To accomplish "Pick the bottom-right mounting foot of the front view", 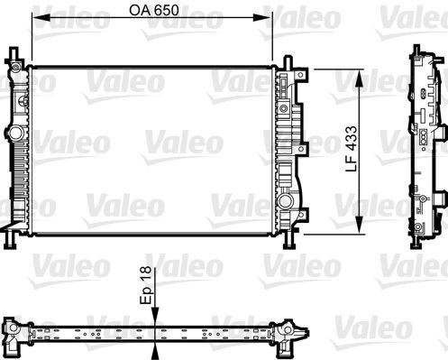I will [288, 241].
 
